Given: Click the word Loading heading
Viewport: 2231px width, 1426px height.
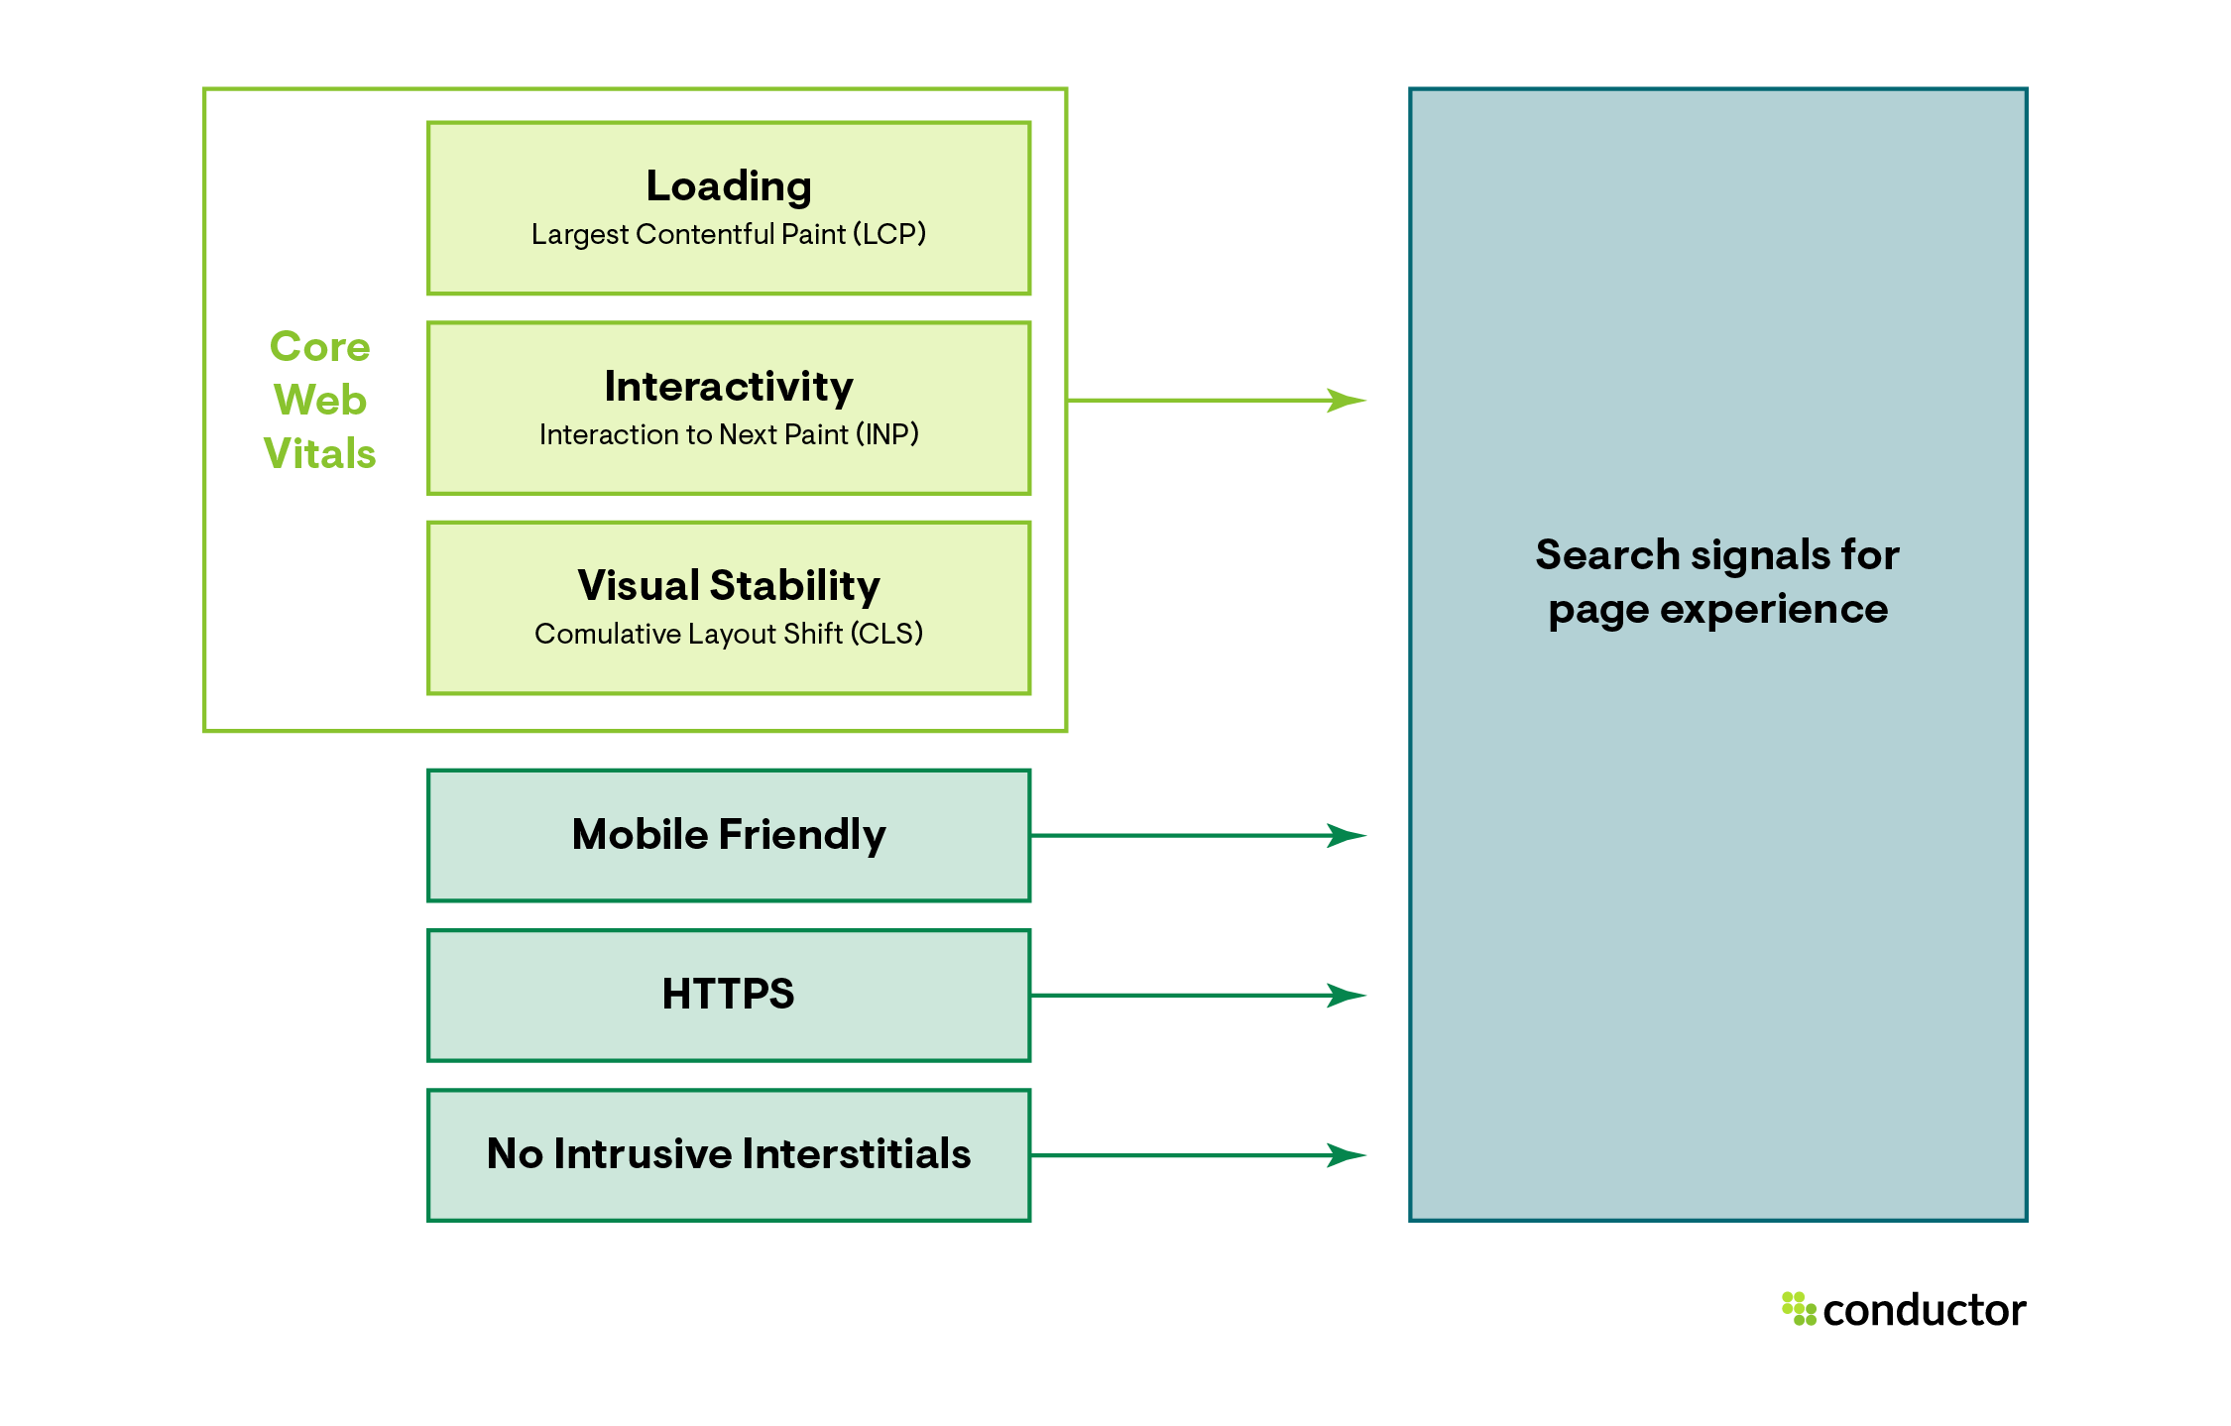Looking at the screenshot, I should [729, 186].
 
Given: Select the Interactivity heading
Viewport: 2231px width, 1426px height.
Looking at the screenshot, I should [729, 386].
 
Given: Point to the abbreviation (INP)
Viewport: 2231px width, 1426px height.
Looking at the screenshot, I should [886, 434].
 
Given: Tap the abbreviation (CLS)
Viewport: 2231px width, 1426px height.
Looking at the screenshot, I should [886, 634].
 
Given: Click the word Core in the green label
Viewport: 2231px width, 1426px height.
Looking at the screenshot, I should [319, 347].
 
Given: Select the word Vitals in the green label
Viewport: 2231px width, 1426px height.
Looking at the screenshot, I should [319, 454].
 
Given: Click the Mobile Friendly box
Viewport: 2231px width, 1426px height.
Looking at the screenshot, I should [729, 835].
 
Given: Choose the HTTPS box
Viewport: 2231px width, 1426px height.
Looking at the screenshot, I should [729, 995].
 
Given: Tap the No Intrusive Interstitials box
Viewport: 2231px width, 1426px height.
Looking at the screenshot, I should [729, 1154].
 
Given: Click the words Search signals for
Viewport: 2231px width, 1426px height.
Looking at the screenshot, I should [1717, 555].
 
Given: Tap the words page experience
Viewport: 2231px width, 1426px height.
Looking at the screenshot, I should [1717, 609].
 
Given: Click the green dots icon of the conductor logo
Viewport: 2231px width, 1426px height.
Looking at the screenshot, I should [1799, 1308].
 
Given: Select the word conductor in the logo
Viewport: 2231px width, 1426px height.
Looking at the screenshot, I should [1924, 1311].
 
